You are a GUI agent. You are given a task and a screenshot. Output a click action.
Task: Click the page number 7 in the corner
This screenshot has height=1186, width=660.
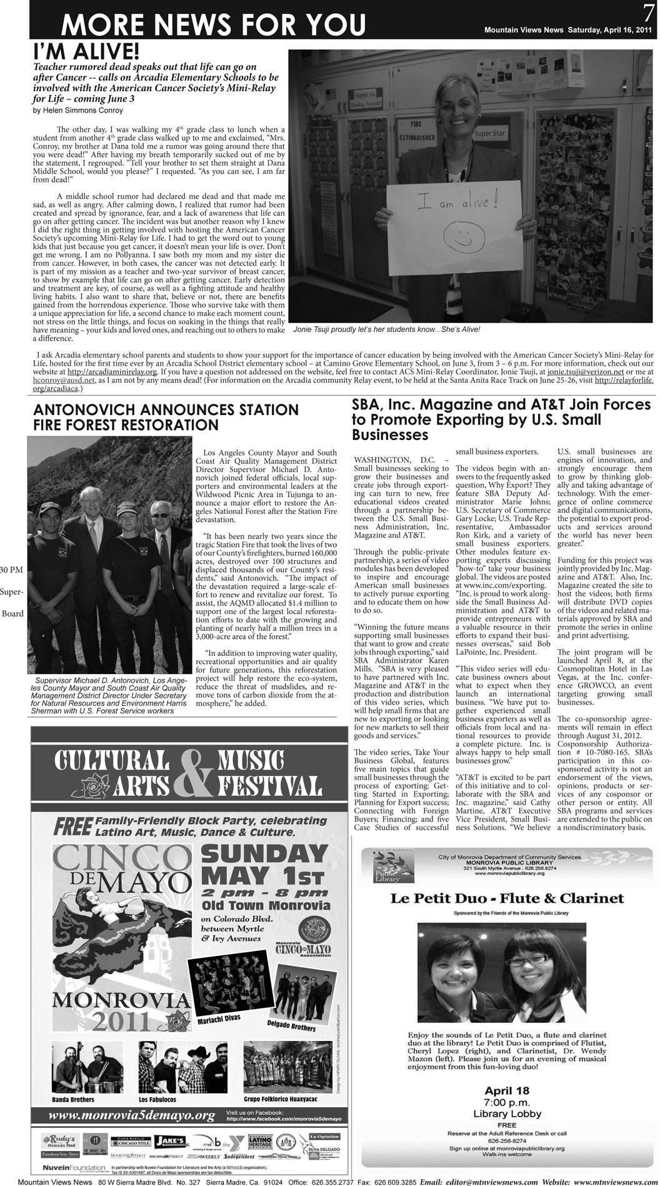(648, 11)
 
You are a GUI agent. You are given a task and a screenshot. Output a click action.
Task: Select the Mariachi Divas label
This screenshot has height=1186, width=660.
(215, 1021)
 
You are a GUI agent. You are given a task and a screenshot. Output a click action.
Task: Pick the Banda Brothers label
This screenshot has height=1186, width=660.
(73, 1099)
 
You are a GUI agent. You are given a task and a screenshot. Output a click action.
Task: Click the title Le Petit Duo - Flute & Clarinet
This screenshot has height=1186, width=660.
(507, 898)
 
